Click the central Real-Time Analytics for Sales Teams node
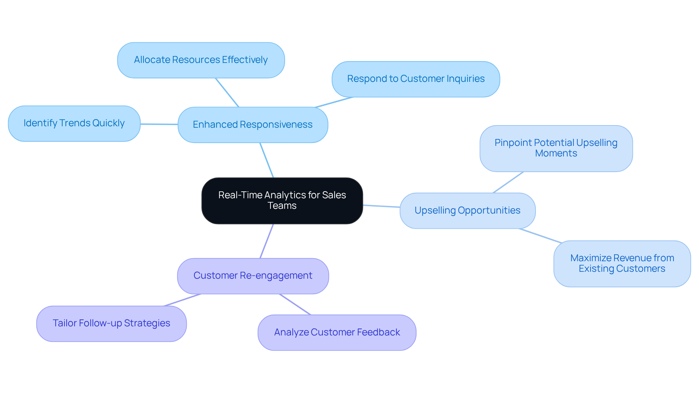[x=282, y=200]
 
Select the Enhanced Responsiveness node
[x=253, y=125]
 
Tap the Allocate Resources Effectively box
[x=201, y=60]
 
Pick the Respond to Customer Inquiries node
[x=416, y=79]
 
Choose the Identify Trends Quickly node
[x=74, y=123]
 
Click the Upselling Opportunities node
[x=467, y=211]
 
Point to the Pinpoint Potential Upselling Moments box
[x=556, y=148]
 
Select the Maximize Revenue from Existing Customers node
[x=622, y=263]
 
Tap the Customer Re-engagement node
[x=253, y=276]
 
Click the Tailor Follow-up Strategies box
[x=111, y=323]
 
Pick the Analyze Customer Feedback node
[x=337, y=333]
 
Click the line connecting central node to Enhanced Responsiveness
[x=266, y=160]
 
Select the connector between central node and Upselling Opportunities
[x=381, y=206]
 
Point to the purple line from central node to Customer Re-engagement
[x=266, y=241]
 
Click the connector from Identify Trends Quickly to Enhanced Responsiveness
[x=159, y=124]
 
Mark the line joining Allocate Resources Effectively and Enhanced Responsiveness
[x=227, y=92]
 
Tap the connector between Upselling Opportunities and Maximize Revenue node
[x=540, y=235]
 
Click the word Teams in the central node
[x=282, y=206]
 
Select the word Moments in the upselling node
[x=556, y=154]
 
